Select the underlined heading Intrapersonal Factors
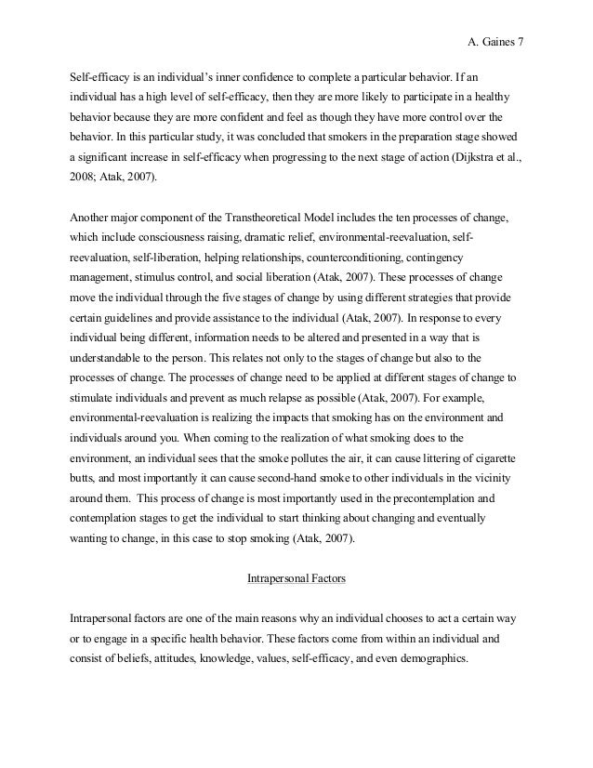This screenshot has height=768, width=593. (x=296, y=579)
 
